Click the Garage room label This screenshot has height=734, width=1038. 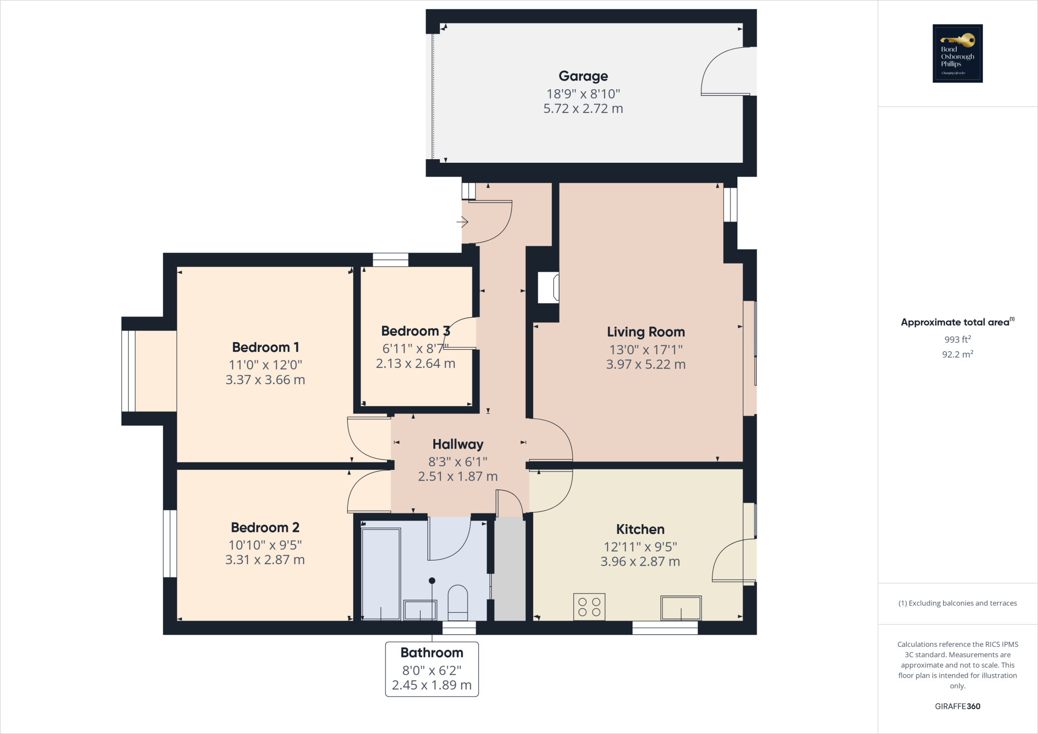[x=583, y=76]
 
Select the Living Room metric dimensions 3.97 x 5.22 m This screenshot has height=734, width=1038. [x=645, y=364]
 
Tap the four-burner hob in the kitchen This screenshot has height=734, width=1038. [x=589, y=607]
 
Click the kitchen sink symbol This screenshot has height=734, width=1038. [x=681, y=608]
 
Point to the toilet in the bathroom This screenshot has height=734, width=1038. [x=458, y=603]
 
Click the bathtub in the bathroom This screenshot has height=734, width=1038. [x=381, y=573]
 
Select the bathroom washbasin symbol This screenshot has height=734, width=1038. [x=420, y=610]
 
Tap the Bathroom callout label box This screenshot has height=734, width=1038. [x=432, y=669]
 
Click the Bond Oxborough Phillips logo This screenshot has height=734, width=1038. [x=957, y=53]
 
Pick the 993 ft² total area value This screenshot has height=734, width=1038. [x=957, y=340]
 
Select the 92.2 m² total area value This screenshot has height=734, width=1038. [x=957, y=354]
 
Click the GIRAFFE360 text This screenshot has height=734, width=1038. [x=957, y=706]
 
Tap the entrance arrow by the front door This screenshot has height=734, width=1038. [x=462, y=222]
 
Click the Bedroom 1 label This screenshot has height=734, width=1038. [x=266, y=347]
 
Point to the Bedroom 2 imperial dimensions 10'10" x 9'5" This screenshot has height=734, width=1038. [x=265, y=545]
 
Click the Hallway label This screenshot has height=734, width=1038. [x=458, y=444]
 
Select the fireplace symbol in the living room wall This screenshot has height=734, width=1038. [x=548, y=288]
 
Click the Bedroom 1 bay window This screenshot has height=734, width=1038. [x=129, y=371]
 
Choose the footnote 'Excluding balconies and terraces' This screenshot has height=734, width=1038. [x=957, y=603]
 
